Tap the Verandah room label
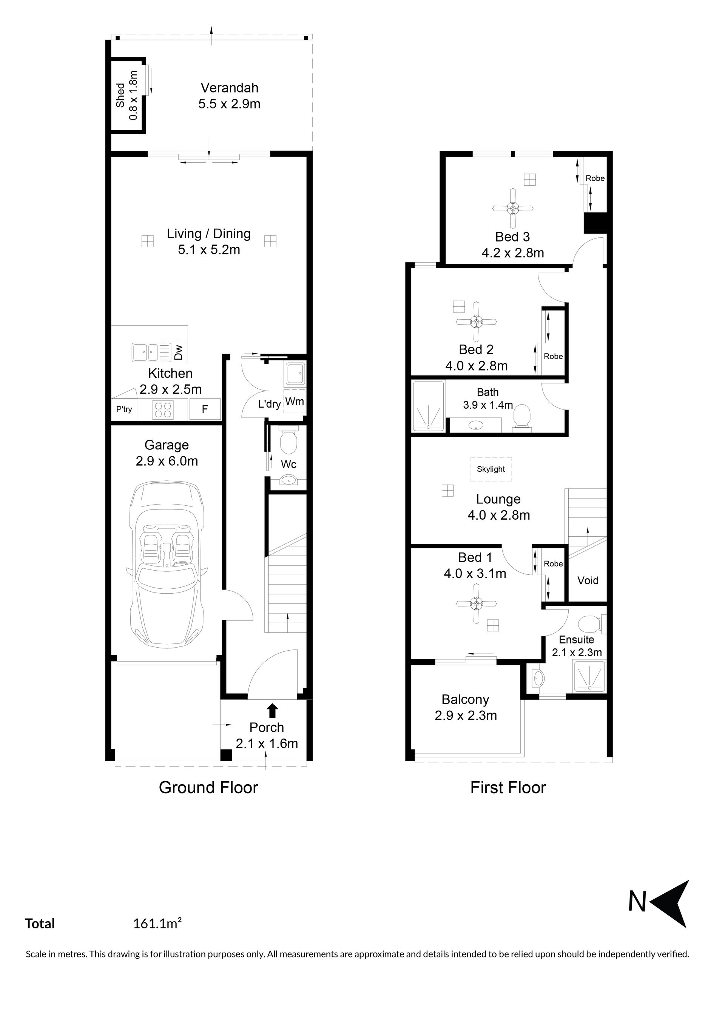(229, 88)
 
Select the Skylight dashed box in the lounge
(491, 469)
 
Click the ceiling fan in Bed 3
(513, 208)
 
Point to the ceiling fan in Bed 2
(476, 322)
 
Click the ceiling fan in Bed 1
(476, 604)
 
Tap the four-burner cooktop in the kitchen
(163, 409)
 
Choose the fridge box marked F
(205, 409)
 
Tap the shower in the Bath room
(428, 406)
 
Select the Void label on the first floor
(588, 580)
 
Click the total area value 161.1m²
(157, 923)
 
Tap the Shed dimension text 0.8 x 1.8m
(133, 95)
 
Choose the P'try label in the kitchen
(124, 409)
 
